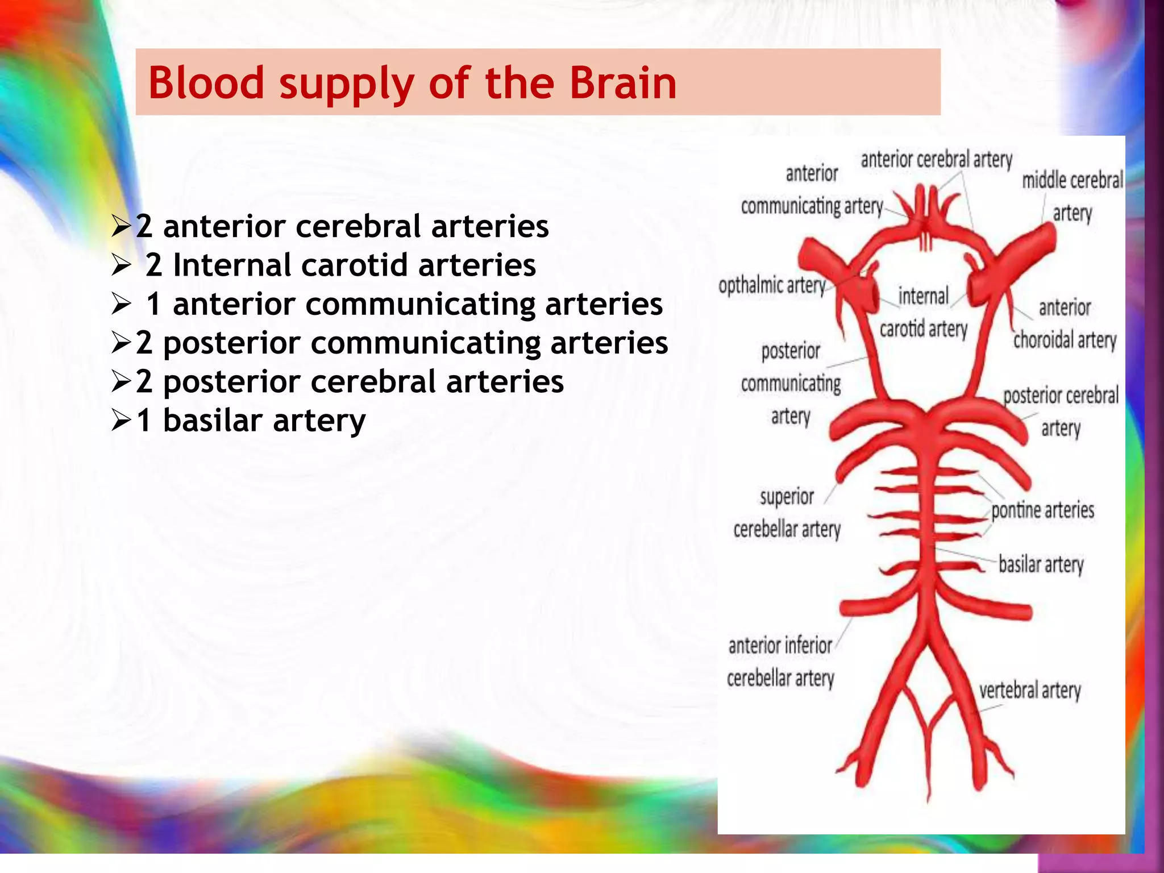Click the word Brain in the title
point(622,83)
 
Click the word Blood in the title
point(206,83)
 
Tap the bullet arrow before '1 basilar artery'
point(122,421)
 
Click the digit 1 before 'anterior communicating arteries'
point(153,304)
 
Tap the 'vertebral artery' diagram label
point(1029,691)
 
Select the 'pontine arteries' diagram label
point(1042,510)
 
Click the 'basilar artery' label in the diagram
point(1041,564)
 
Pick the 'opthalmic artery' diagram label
point(772,285)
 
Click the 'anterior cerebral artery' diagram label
point(936,160)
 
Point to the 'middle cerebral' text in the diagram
point(1072,180)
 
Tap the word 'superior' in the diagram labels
point(787,497)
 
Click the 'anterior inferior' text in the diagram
point(780,646)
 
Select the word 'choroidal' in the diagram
point(1044,340)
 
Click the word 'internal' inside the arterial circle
point(923,296)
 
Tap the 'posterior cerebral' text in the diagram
point(1061,396)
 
